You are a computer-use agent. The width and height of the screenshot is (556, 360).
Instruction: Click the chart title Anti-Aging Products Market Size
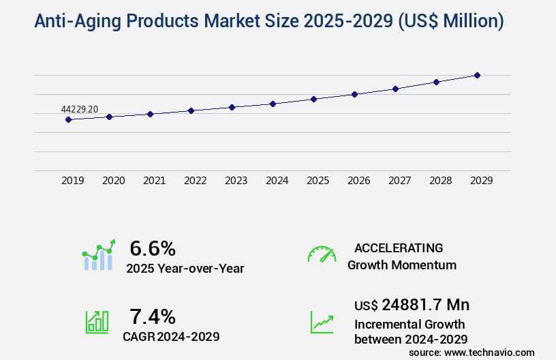(269, 22)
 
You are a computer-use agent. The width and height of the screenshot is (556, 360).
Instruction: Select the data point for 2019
(68, 119)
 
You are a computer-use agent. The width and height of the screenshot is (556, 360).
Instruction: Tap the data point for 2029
(477, 75)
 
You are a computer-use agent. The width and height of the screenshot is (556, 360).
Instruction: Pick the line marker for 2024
(273, 104)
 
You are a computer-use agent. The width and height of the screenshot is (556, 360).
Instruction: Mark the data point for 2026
(354, 94)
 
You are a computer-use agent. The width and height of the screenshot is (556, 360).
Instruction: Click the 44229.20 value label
(80, 109)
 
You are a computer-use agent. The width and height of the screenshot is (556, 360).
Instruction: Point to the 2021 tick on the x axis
(154, 181)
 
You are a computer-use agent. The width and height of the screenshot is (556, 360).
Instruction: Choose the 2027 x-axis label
(399, 181)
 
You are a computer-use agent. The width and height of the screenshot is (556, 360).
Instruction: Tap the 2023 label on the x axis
(236, 181)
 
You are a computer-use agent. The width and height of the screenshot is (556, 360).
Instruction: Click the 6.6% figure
(153, 247)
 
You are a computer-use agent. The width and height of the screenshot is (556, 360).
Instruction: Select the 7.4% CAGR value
(153, 316)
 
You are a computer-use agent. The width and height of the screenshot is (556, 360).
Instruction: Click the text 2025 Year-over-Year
(185, 269)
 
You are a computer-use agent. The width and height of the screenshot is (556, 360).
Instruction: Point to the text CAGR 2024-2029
(171, 337)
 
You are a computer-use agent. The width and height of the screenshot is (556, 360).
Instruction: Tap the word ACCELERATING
(399, 248)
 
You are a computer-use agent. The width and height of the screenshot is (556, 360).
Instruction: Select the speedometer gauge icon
(322, 254)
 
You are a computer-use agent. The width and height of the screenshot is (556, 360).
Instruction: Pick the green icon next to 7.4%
(96, 322)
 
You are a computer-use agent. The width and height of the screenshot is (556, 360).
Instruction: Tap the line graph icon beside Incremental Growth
(322, 322)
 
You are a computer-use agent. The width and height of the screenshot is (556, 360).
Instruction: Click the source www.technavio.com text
(472, 352)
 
